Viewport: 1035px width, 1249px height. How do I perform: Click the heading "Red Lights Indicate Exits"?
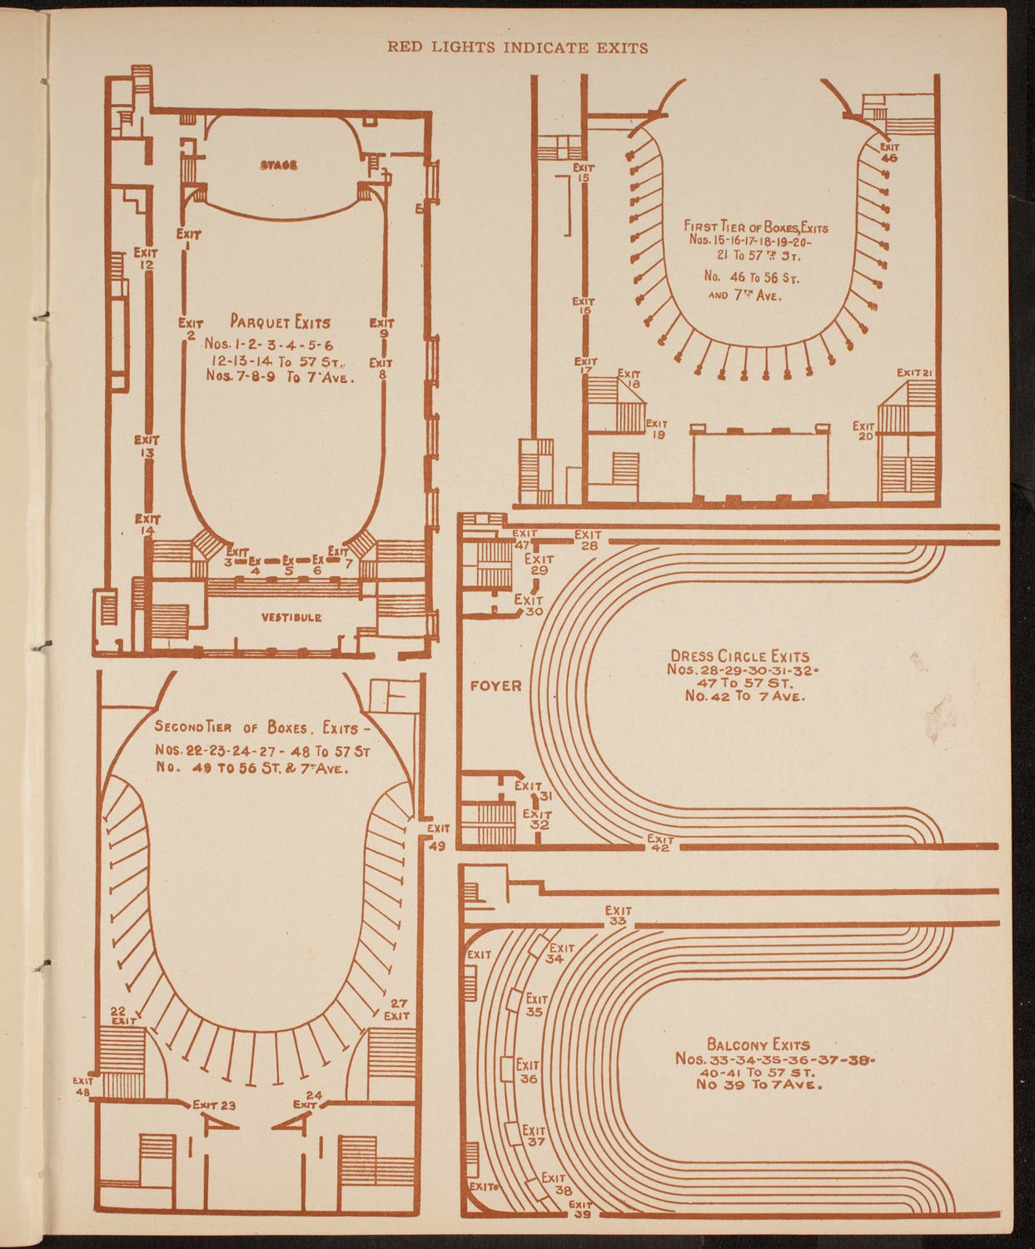517,47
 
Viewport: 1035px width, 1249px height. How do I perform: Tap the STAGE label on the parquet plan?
279,165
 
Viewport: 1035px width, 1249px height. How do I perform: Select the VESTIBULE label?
291,617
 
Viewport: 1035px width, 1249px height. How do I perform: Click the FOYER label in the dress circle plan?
496,686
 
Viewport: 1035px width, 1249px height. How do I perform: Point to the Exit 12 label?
146,258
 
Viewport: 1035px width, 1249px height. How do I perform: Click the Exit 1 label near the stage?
188,240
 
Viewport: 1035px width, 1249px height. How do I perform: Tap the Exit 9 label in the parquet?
382,328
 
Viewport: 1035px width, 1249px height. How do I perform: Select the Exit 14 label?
147,525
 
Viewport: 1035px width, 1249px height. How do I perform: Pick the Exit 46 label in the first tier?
889,152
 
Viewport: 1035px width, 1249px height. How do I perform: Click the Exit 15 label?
584,172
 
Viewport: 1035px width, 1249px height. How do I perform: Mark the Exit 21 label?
914,371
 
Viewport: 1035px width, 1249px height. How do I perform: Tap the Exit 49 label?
438,836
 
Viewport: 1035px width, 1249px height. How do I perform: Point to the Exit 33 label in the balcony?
618,916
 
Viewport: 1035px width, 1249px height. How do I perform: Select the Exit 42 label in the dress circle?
660,843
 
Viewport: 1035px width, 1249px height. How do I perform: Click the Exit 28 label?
588,540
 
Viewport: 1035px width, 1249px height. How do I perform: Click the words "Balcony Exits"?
758,1044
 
